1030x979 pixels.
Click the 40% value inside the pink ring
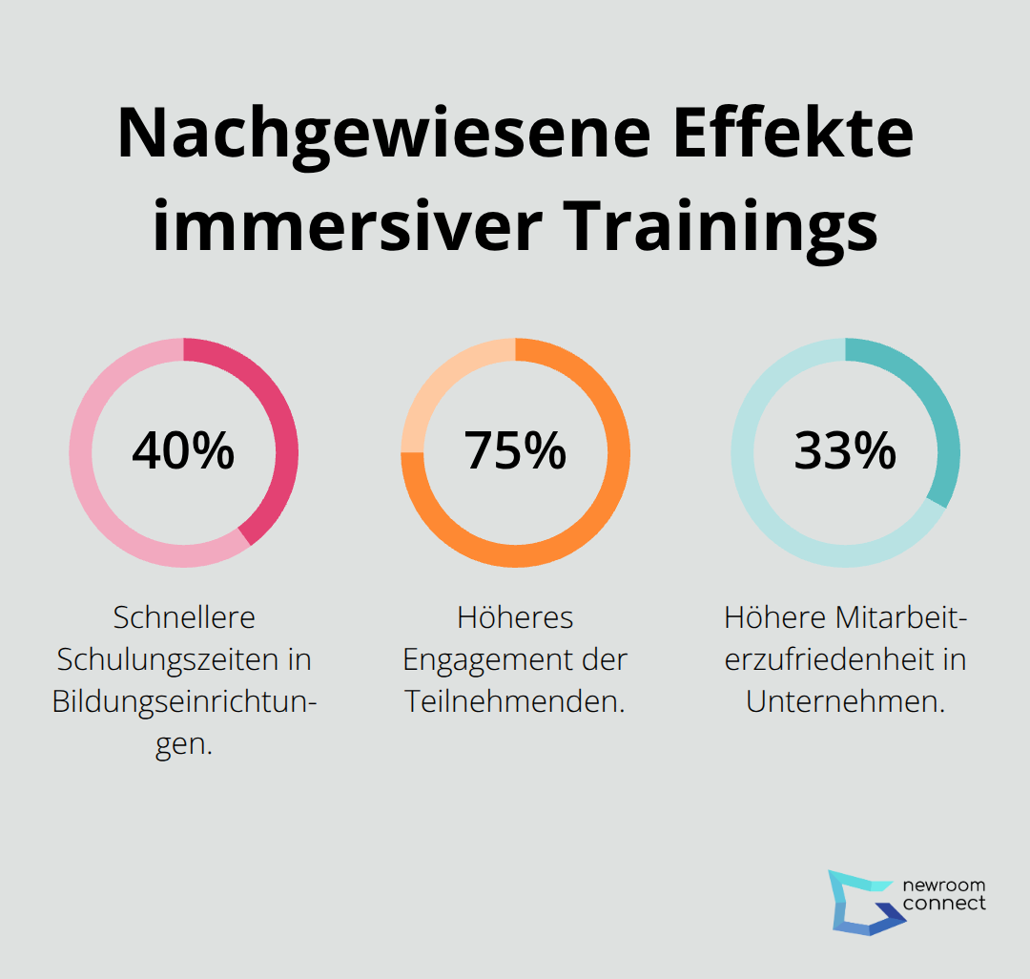[x=183, y=450]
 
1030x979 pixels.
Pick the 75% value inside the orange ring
[x=515, y=450]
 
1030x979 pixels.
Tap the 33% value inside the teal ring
[x=845, y=450]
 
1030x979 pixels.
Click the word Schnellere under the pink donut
[x=184, y=617]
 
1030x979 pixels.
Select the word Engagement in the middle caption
[x=498, y=659]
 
